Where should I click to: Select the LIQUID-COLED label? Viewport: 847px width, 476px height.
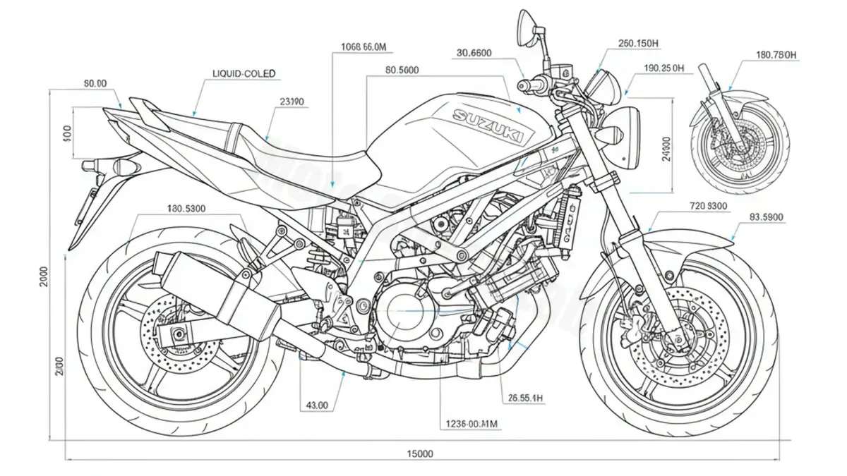click(x=244, y=73)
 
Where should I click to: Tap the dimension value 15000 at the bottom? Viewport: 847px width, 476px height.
click(x=420, y=453)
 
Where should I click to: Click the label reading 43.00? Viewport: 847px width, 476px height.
click(x=316, y=405)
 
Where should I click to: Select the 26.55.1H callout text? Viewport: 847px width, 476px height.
click(x=525, y=398)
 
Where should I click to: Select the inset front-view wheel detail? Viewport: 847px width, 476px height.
click(x=739, y=138)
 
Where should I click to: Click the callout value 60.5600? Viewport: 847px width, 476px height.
click(x=402, y=70)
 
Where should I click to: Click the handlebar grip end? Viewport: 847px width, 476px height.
click(x=523, y=85)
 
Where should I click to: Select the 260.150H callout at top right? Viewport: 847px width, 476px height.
click(x=638, y=44)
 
